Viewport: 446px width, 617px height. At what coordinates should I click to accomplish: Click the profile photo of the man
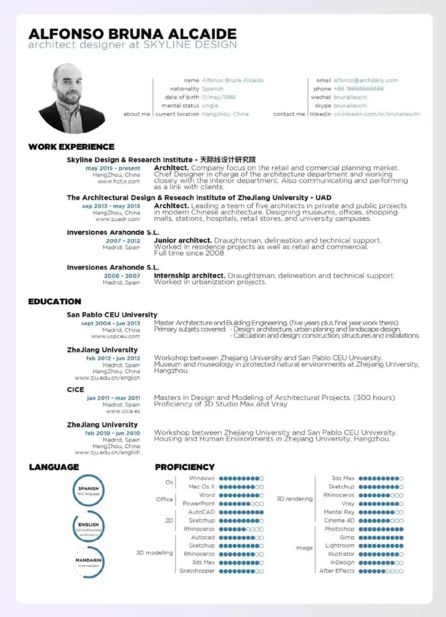tap(72, 98)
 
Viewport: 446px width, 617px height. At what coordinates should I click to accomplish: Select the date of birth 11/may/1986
tap(218, 97)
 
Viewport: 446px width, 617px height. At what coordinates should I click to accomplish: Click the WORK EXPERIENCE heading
tap(71, 146)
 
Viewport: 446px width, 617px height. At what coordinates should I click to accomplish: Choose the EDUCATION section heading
tap(55, 301)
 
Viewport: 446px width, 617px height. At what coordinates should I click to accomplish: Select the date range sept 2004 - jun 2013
tap(111, 323)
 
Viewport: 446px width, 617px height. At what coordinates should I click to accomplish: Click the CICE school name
tap(75, 390)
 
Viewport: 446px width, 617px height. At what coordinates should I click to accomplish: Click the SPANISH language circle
tap(88, 490)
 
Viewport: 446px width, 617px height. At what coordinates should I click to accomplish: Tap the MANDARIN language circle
tap(88, 562)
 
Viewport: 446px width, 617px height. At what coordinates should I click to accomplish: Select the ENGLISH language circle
tap(88, 527)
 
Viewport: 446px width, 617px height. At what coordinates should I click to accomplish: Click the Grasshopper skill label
tap(197, 571)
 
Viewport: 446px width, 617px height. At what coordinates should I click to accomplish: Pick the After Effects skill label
tap(336, 571)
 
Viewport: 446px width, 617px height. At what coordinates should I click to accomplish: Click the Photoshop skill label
tap(339, 529)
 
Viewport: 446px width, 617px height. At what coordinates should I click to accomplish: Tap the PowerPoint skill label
tap(199, 503)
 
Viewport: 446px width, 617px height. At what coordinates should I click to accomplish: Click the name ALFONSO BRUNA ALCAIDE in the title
tap(132, 34)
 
